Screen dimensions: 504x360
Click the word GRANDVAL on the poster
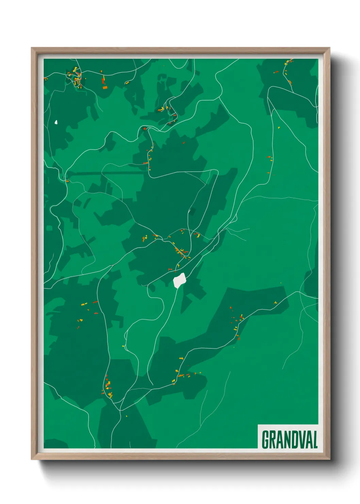click(x=290, y=440)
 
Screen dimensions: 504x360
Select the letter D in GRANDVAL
click(x=292, y=440)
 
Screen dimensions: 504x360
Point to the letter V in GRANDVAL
click(x=299, y=440)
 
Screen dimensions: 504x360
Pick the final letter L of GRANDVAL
click(x=315, y=440)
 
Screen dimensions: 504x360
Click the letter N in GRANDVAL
click(x=285, y=440)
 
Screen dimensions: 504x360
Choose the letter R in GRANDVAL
click(x=272, y=440)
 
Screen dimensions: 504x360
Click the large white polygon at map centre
click(x=179, y=280)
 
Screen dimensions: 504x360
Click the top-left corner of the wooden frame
click(x=32, y=48)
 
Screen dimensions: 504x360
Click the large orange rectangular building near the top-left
click(x=105, y=88)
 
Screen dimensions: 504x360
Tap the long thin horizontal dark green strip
click(x=105, y=173)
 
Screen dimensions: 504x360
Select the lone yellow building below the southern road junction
click(x=127, y=416)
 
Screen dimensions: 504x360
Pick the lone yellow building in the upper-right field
click(x=279, y=128)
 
